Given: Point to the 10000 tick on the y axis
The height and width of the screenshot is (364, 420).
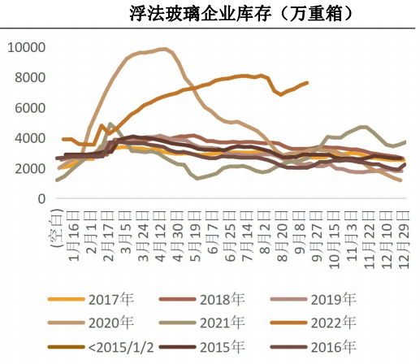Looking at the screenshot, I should click(x=26, y=47).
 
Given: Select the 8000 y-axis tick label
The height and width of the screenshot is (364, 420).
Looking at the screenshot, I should click(x=29, y=78).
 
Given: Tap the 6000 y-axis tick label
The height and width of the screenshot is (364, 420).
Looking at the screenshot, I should click(x=29, y=108).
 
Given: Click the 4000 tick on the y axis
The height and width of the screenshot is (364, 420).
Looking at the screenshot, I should click(x=29, y=139).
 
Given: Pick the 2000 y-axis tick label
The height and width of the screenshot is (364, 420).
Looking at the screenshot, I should click(x=29, y=169).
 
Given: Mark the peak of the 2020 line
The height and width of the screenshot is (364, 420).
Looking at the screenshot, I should click(x=165, y=49).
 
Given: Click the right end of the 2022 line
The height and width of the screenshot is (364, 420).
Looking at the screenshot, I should click(x=307, y=82).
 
